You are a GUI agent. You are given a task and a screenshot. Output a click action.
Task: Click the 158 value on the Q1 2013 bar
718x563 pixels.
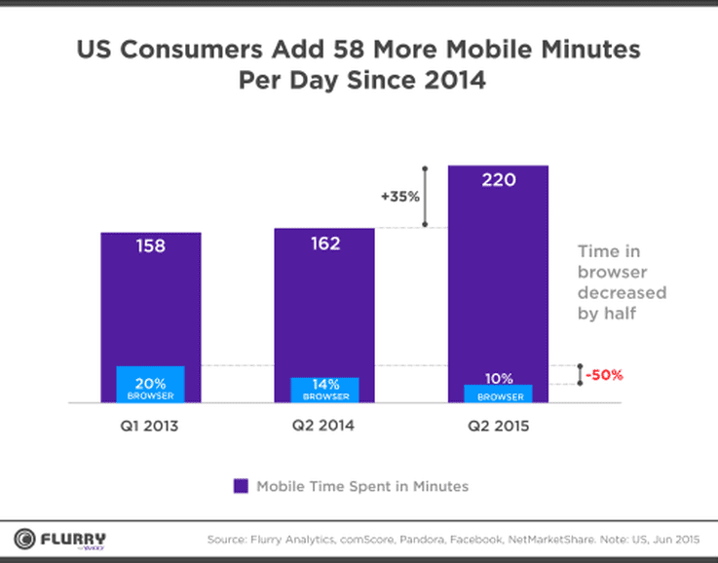(150, 246)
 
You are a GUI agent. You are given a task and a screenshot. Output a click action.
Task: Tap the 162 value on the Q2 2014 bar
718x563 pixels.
(324, 243)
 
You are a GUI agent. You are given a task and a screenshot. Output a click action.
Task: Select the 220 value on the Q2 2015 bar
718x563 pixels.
(498, 180)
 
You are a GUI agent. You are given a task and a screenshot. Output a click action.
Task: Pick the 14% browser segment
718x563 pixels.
(324, 390)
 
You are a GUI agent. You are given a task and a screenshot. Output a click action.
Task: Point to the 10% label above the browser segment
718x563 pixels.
(498, 377)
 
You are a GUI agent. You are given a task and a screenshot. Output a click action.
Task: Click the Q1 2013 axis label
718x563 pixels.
(151, 427)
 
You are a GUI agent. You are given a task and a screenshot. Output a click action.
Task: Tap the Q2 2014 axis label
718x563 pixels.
(324, 427)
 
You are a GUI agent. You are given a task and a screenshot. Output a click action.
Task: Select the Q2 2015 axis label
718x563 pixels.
(498, 427)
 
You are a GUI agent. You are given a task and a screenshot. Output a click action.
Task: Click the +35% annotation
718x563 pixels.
(400, 196)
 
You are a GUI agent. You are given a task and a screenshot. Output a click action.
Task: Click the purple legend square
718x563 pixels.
(240, 486)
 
